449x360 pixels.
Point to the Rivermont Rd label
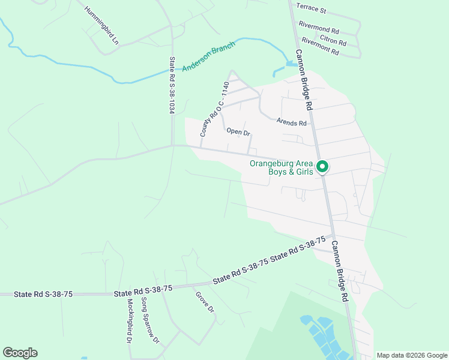[x=321, y=47]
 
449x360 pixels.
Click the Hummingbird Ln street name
[x=103, y=23]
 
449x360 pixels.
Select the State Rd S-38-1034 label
[x=172, y=85]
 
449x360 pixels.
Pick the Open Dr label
[x=238, y=132]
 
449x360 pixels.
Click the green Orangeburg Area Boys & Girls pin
[x=322, y=167]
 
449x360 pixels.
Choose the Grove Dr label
[x=204, y=302]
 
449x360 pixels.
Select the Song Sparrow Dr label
[x=149, y=320]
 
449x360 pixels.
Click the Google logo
[x=20, y=353]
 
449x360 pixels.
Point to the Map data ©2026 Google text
[x=411, y=355]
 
